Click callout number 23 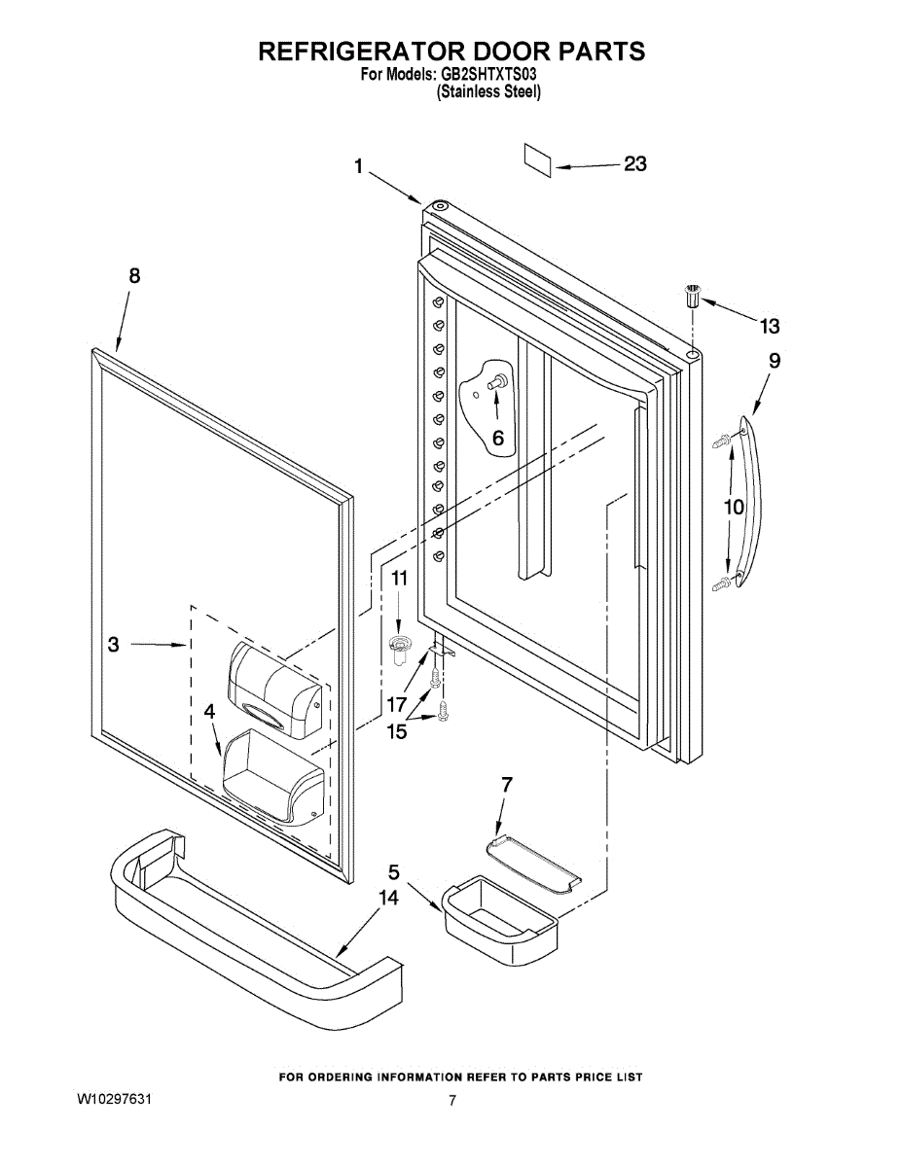pyautogui.click(x=634, y=164)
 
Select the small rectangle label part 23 pyautogui.click(x=538, y=159)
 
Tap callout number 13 pyautogui.click(x=769, y=325)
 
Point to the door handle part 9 pyautogui.click(x=752, y=501)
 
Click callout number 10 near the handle pyautogui.click(x=733, y=507)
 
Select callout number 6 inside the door pyautogui.click(x=497, y=438)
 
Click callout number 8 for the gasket pyautogui.click(x=134, y=275)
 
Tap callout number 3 pyautogui.click(x=114, y=644)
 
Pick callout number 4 pyautogui.click(x=209, y=712)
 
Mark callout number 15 pyautogui.click(x=397, y=731)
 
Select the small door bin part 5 pyautogui.click(x=500, y=919)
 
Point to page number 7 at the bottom pyautogui.click(x=452, y=1101)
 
